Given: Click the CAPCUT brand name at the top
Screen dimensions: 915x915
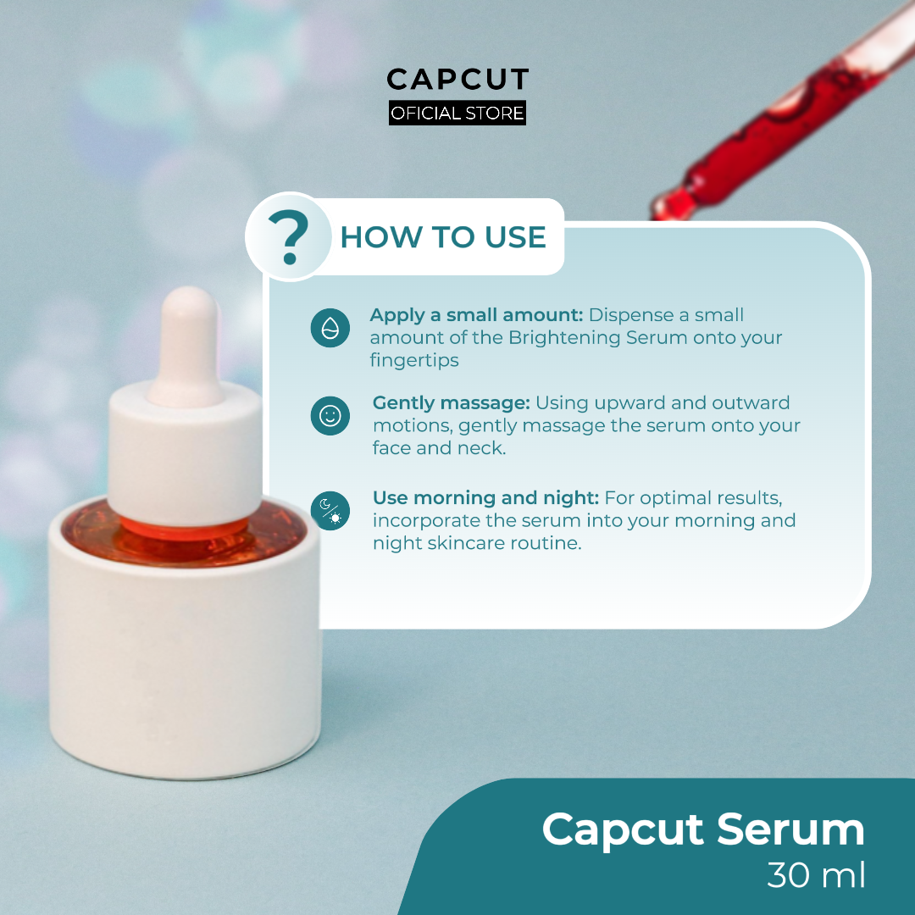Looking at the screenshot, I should (x=457, y=80).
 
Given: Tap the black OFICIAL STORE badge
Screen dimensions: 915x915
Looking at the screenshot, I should (x=457, y=113).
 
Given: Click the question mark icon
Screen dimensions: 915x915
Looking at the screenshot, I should (x=288, y=237).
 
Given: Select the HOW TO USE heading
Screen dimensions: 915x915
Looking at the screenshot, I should (x=443, y=237).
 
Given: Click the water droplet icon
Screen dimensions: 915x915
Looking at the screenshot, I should (x=330, y=328).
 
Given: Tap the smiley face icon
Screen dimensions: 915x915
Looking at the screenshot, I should (x=330, y=416).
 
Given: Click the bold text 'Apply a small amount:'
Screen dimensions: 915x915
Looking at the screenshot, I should (x=476, y=315).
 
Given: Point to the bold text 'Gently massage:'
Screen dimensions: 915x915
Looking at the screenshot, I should (x=451, y=402).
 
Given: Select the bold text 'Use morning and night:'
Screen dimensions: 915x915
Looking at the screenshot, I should (x=485, y=497).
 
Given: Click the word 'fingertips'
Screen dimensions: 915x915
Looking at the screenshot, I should (x=413, y=360).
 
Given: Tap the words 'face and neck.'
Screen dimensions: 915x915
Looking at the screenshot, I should (x=439, y=448).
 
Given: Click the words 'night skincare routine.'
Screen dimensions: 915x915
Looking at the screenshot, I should (x=477, y=543).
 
